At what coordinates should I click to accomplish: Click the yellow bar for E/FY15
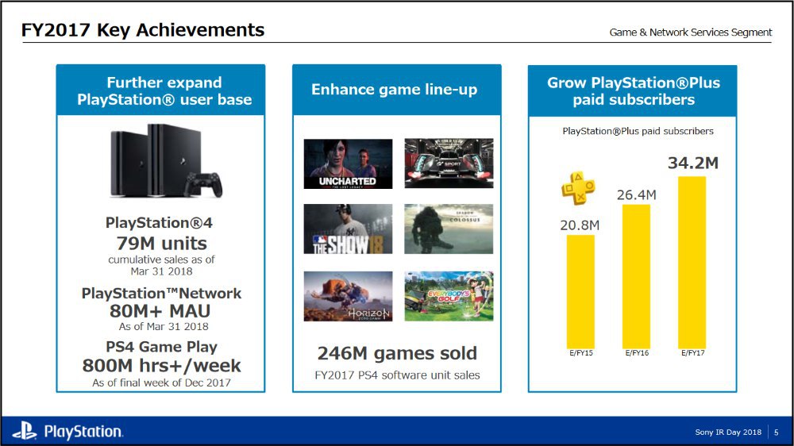click(580, 291)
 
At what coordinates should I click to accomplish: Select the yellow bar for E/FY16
click(636, 276)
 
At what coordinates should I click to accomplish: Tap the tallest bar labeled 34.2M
click(692, 262)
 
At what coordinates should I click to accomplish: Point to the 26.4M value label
click(637, 195)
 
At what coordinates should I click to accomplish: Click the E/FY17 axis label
click(692, 353)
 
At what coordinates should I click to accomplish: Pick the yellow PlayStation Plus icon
click(578, 188)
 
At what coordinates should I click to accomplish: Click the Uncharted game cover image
click(348, 164)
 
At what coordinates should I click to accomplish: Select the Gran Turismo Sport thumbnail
click(449, 163)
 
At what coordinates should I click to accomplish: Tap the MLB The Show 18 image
click(348, 229)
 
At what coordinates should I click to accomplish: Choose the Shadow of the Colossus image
click(449, 229)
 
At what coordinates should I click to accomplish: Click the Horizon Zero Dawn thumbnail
click(348, 296)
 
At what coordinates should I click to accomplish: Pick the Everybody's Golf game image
click(449, 296)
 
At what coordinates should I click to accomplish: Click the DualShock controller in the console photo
click(203, 185)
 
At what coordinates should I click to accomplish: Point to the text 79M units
click(161, 244)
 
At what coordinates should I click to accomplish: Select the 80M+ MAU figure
click(160, 311)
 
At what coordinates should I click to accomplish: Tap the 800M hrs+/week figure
click(161, 366)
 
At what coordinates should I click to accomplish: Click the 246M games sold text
click(397, 353)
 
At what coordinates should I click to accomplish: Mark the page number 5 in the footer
click(777, 433)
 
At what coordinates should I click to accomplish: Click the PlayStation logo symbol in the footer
click(25, 432)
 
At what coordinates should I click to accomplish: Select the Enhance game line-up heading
click(394, 90)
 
